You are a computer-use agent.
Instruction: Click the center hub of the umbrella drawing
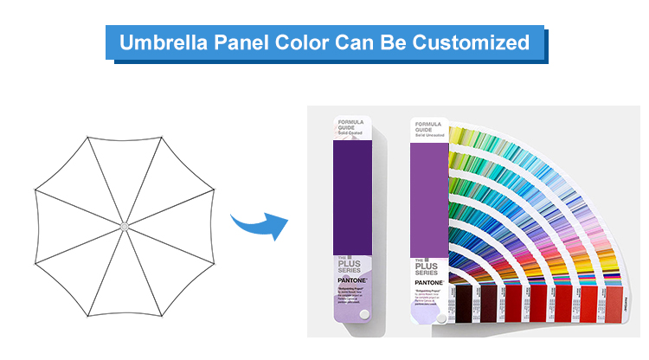[124, 227]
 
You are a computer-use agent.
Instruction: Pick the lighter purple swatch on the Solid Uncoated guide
[427, 199]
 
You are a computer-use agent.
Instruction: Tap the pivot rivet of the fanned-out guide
[441, 318]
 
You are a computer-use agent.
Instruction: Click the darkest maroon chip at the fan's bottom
[463, 305]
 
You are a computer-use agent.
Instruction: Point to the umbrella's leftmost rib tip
[34, 190]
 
